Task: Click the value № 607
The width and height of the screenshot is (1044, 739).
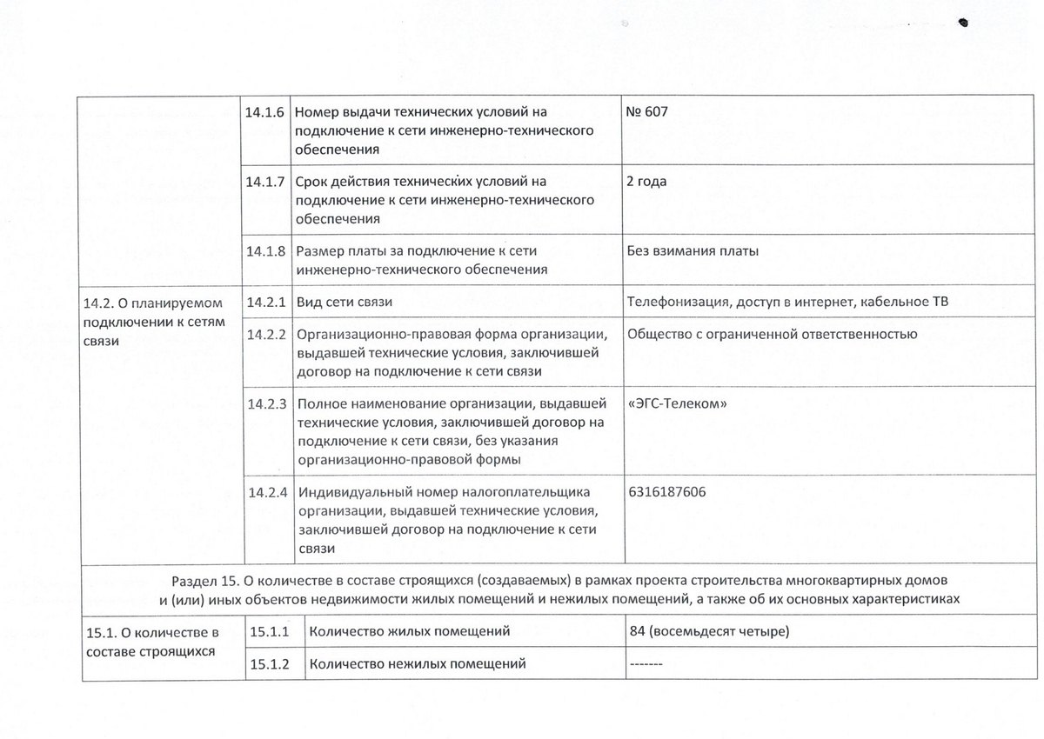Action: point(646,112)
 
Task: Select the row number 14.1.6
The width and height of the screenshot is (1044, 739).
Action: point(265,112)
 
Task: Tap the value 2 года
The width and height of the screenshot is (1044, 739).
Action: point(646,182)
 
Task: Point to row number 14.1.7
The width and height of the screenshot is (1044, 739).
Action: point(265,182)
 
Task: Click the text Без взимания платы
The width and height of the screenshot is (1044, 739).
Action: point(693,251)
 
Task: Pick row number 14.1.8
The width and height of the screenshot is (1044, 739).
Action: point(265,251)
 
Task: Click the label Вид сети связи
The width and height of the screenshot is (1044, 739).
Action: point(345,303)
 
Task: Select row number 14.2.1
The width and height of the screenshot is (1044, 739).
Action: point(265,303)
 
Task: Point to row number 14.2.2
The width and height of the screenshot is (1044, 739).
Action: point(265,334)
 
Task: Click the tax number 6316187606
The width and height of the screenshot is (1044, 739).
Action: point(666,492)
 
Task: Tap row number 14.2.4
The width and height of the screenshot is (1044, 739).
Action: point(265,492)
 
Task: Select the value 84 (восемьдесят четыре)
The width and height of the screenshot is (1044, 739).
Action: point(708,631)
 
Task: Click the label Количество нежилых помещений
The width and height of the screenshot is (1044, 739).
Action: point(418,664)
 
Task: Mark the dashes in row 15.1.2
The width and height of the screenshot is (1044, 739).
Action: point(645,665)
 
